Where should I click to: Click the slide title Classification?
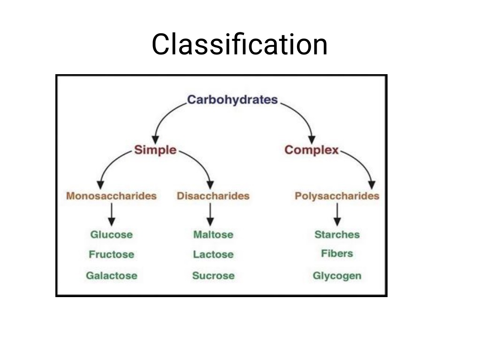(240, 44)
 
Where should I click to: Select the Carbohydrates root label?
(232, 100)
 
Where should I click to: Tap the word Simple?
(155, 150)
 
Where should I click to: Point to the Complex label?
(312, 150)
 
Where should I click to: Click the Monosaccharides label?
(111, 196)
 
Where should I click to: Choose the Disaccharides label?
(213, 196)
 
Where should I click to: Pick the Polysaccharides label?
(337, 196)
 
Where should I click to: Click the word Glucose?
(111, 235)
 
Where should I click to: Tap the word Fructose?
(111, 254)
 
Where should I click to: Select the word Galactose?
(111, 276)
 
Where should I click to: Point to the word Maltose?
(213, 235)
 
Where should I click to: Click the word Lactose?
(213, 254)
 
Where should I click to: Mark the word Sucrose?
(213, 276)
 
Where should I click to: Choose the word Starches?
(337, 235)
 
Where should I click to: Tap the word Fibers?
(337, 253)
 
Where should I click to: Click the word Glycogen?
(337, 276)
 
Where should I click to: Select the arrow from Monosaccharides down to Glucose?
(112, 214)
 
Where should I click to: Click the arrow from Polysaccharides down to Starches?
(337, 214)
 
